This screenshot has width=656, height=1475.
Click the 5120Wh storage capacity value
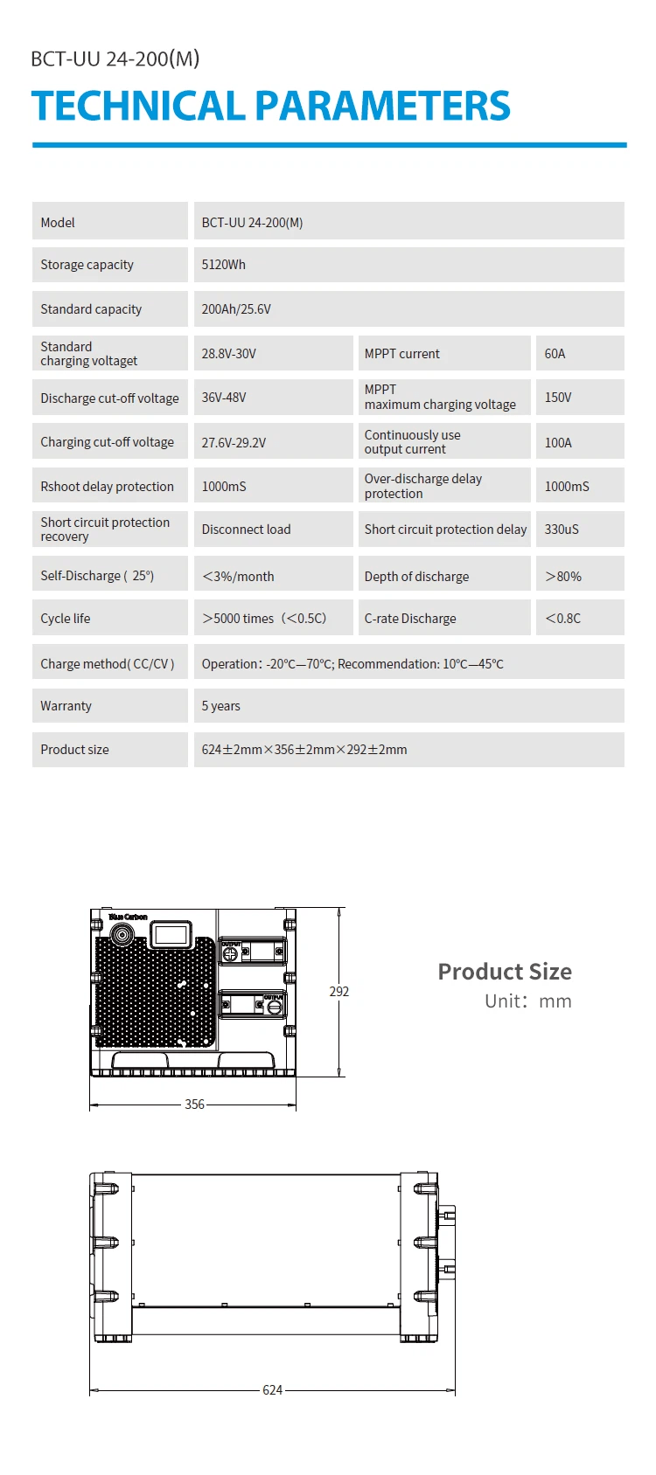point(224,265)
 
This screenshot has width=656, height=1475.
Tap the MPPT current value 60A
point(555,354)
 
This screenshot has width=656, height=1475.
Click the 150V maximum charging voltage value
point(558,397)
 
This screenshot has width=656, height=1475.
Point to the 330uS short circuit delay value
point(561,529)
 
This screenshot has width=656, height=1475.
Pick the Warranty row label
point(66,706)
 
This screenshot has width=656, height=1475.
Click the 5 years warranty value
point(221,706)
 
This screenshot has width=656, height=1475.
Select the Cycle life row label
point(66,619)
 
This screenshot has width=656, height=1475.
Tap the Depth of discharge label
point(416,576)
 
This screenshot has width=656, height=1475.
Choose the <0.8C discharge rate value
point(562,619)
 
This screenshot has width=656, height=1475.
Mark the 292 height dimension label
point(338,992)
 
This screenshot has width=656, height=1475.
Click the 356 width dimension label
point(194,1105)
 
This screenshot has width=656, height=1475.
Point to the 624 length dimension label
point(272,1390)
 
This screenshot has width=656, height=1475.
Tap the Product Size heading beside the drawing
point(505,972)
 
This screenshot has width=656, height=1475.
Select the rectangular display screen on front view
point(171,934)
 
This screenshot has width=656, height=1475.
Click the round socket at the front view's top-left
point(122,934)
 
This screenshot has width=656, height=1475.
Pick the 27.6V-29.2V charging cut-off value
point(234,442)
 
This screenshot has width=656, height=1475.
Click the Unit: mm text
point(528,1001)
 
